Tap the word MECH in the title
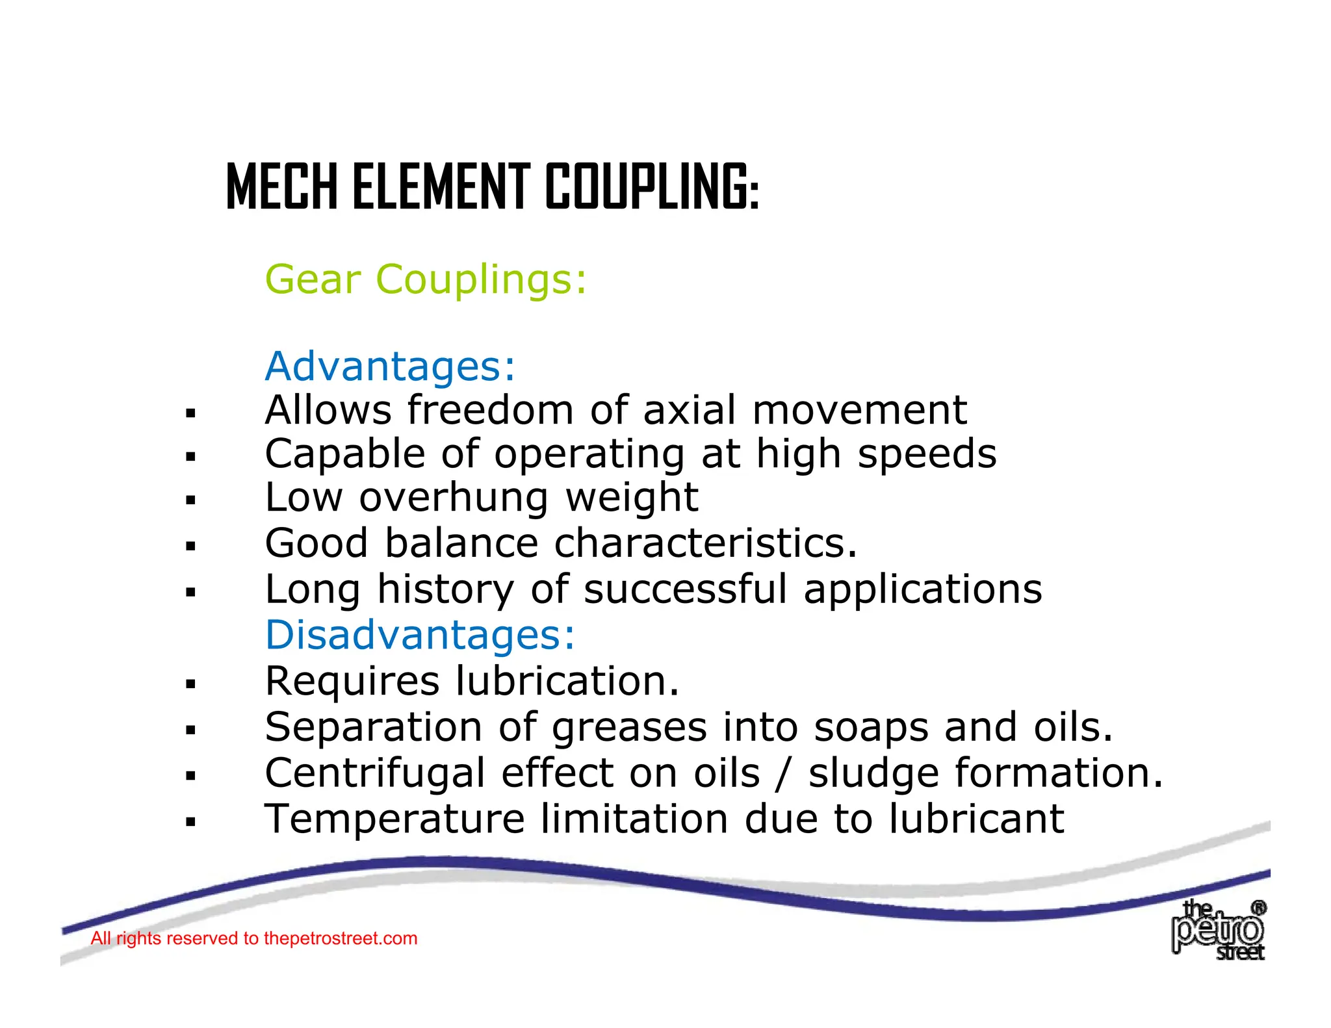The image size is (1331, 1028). coord(282,188)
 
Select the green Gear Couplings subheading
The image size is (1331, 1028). coord(426,279)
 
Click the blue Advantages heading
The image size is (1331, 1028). coord(390,366)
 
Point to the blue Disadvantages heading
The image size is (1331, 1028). coord(420,635)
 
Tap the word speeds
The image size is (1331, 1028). coord(927,454)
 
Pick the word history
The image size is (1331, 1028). coord(445,589)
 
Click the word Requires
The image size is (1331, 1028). coord(352,682)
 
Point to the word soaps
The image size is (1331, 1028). coord(871,727)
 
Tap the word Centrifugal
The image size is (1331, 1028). coord(375,773)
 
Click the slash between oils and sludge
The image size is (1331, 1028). coord(784,773)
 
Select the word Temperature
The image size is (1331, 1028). coord(394,819)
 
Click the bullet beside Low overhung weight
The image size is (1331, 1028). coord(190,500)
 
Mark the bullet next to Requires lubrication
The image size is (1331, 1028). coord(190,684)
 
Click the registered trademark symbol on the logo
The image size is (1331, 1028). coord(1258,908)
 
